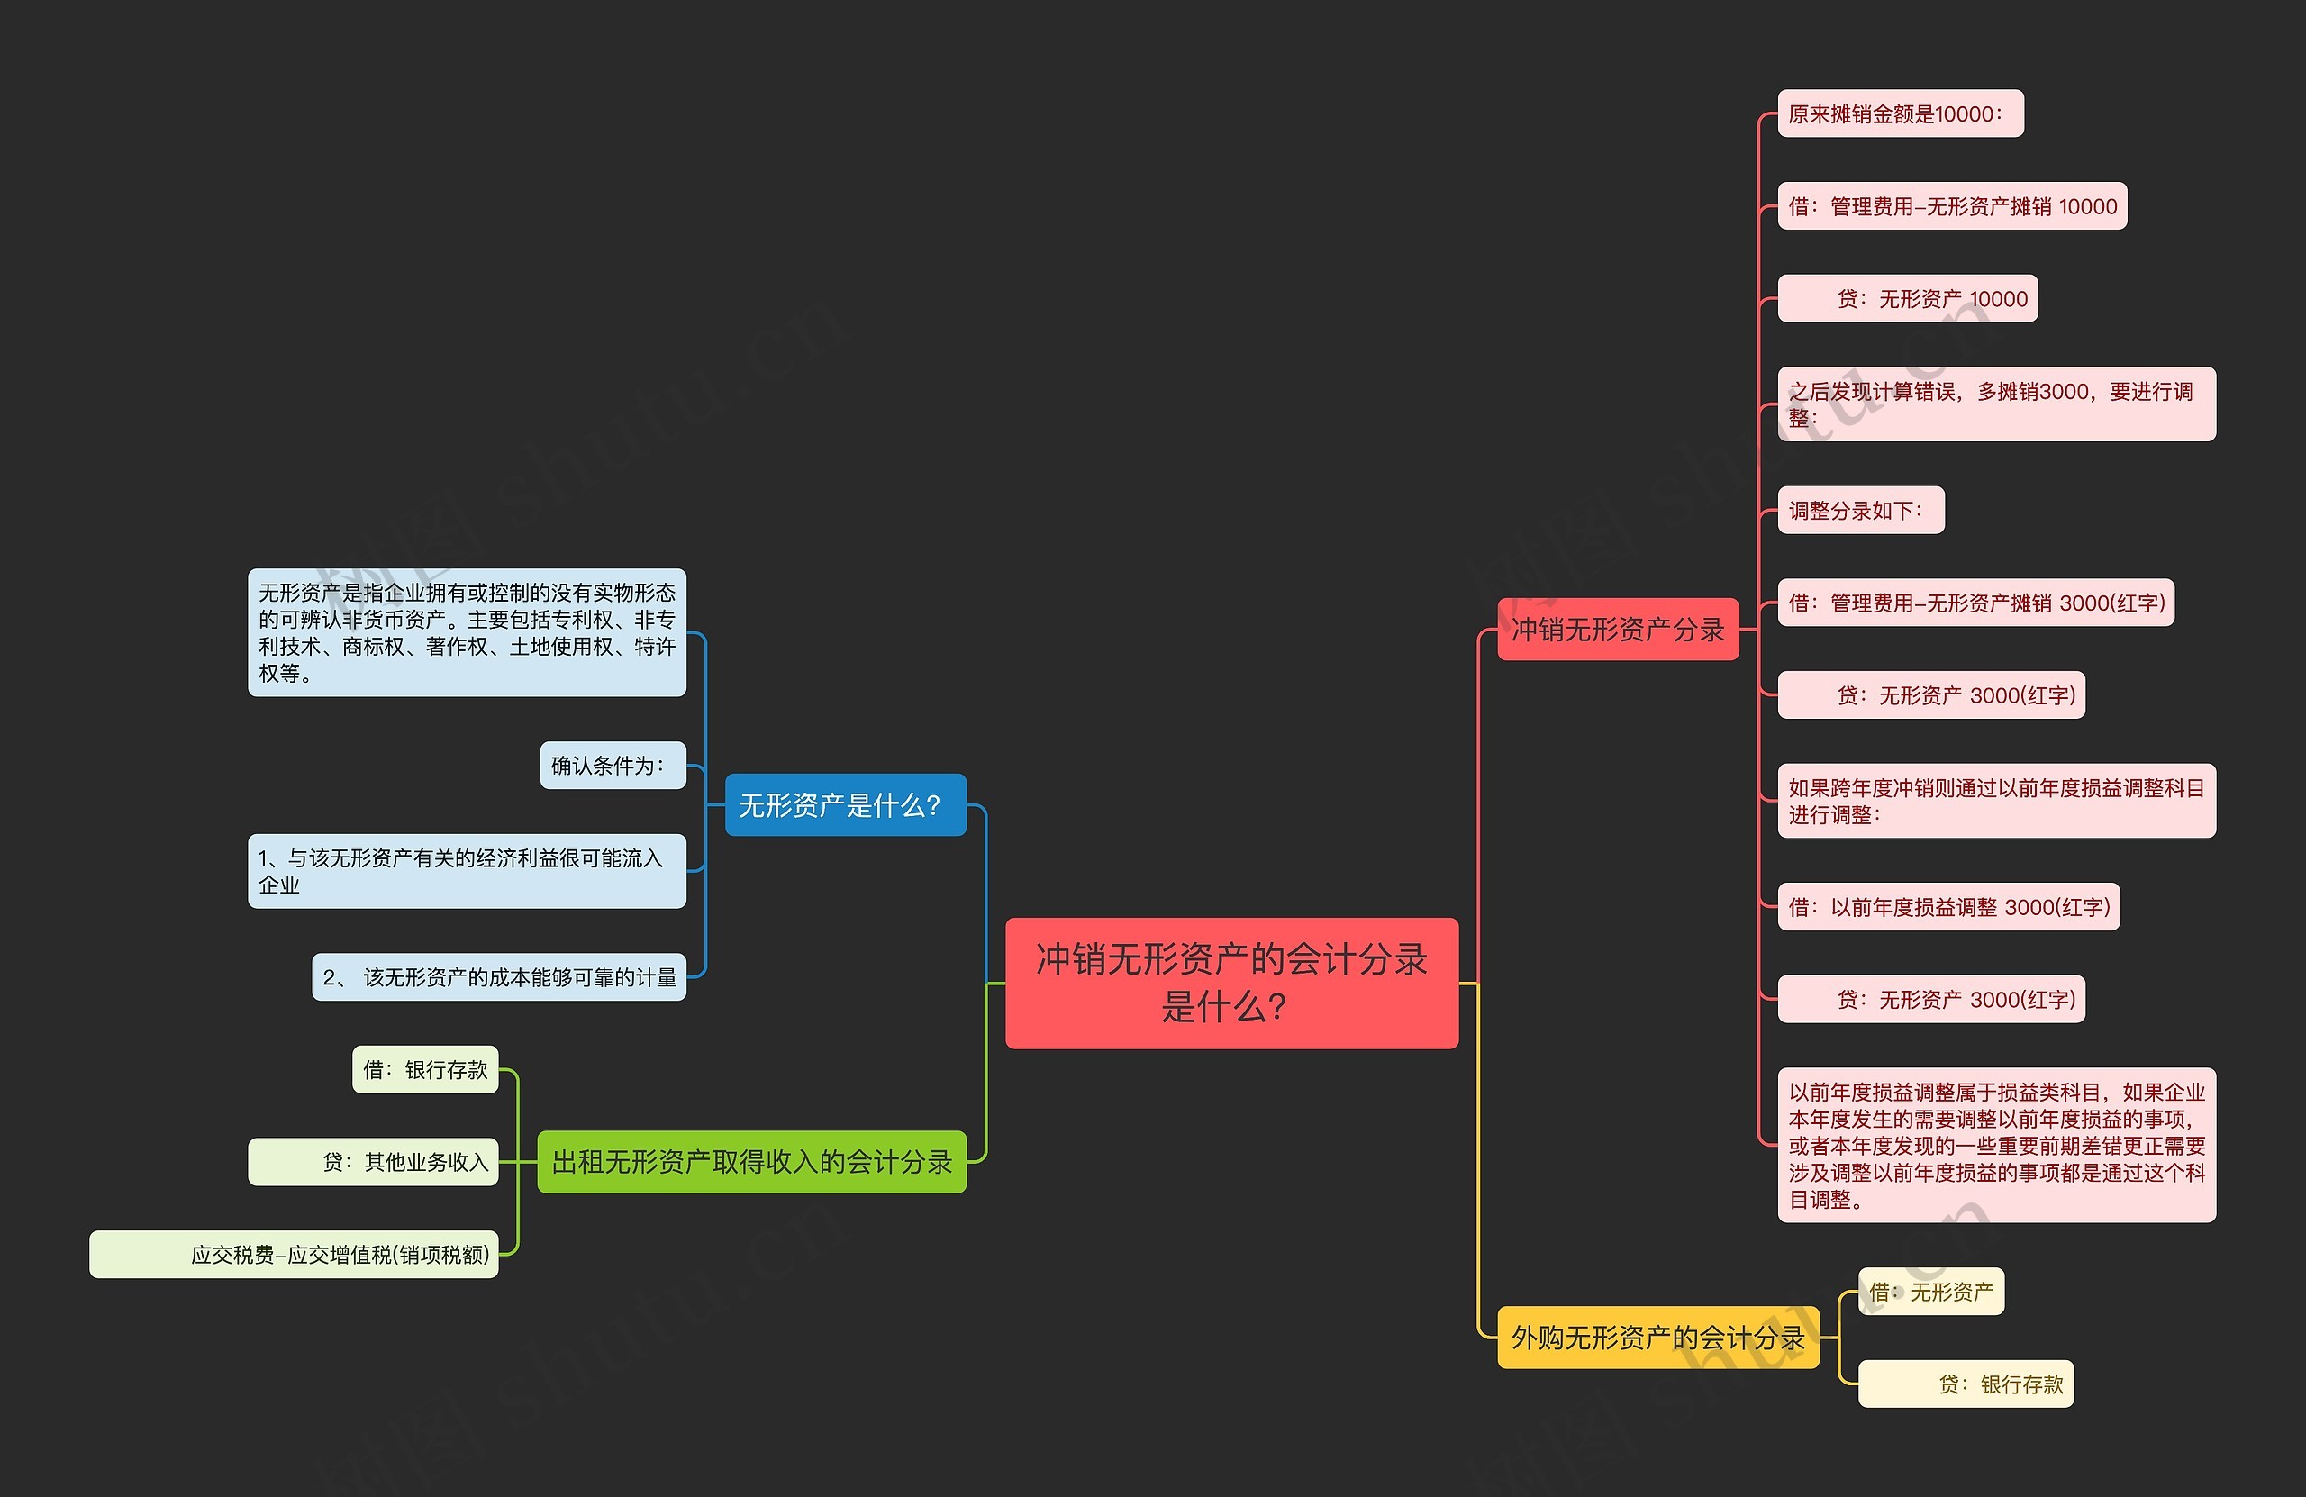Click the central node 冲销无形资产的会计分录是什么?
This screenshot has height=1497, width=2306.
click(1231, 983)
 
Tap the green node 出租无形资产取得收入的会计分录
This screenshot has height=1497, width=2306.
click(752, 1162)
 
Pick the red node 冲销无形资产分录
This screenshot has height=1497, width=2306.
click(1617, 630)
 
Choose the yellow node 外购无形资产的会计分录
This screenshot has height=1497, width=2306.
click(1657, 1338)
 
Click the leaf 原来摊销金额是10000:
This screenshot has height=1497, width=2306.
click(1900, 114)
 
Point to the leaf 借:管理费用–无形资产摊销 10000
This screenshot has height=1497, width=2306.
click(1951, 206)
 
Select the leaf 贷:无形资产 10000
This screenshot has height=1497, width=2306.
click(1907, 298)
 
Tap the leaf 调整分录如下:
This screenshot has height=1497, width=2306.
click(1860, 510)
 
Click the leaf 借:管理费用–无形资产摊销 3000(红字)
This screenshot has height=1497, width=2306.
click(1975, 603)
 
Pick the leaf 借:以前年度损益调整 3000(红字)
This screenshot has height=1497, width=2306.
click(1947, 907)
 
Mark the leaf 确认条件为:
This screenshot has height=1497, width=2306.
click(613, 766)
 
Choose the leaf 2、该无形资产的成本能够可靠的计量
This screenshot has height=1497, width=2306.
click(498, 976)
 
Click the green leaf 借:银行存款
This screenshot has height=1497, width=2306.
click(424, 1069)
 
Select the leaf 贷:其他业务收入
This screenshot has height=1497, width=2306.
click(373, 1162)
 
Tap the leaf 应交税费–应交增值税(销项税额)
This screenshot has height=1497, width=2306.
click(294, 1255)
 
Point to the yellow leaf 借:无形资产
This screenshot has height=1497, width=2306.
click(1930, 1292)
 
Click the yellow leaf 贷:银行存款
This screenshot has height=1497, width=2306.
click(1965, 1384)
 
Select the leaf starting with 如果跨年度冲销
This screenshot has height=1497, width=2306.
click(1996, 801)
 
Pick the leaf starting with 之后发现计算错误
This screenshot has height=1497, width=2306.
click(1996, 404)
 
